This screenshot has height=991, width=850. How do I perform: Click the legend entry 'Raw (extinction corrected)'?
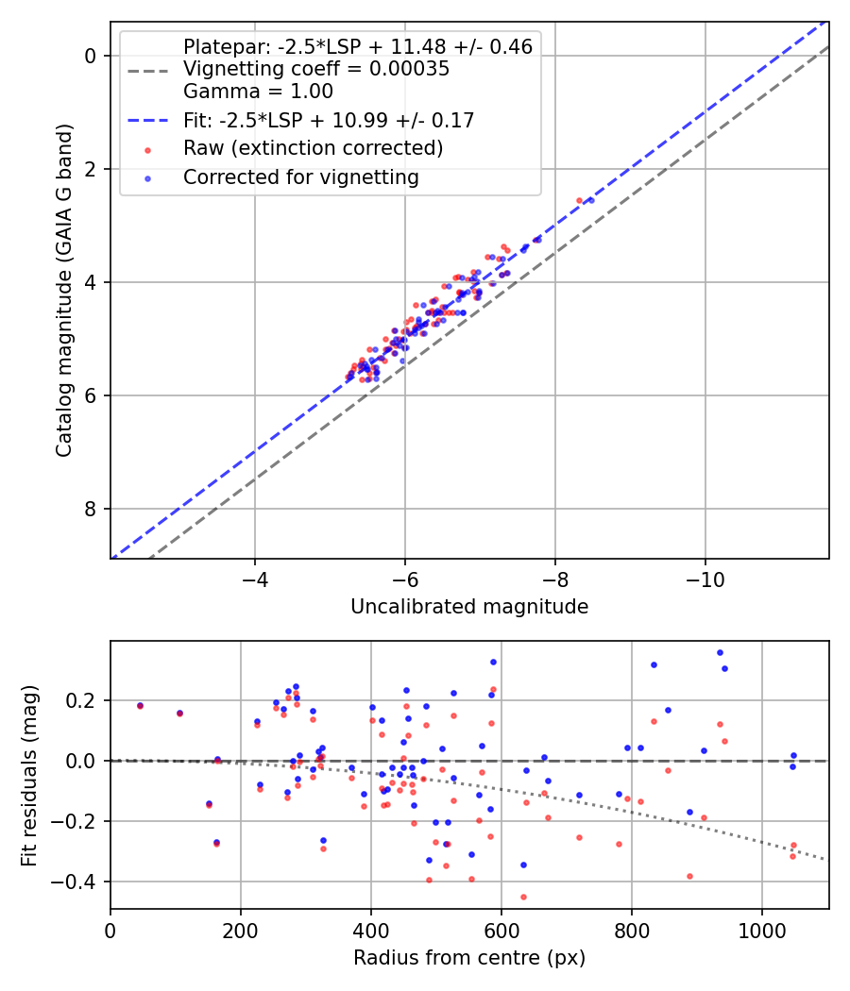(x=313, y=148)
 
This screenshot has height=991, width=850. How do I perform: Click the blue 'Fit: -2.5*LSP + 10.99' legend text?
(x=328, y=120)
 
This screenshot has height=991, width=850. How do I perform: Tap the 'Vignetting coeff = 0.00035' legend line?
(x=315, y=69)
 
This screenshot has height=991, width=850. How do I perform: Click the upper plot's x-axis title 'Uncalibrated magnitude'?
(x=469, y=607)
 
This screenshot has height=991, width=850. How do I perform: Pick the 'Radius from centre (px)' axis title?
(x=469, y=958)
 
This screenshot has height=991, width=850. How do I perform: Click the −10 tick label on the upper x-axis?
(x=705, y=579)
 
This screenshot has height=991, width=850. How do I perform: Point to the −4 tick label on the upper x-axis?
(x=254, y=579)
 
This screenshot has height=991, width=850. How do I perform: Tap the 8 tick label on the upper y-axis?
(x=92, y=510)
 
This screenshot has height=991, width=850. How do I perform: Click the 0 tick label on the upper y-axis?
(x=92, y=56)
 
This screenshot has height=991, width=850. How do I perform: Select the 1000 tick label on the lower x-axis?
(x=761, y=930)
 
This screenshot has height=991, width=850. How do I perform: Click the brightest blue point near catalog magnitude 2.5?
(x=591, y=200)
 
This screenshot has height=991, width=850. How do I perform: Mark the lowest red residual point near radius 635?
(x=523, y=897)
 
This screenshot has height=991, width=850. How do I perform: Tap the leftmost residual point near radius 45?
(x=140, y=705)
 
